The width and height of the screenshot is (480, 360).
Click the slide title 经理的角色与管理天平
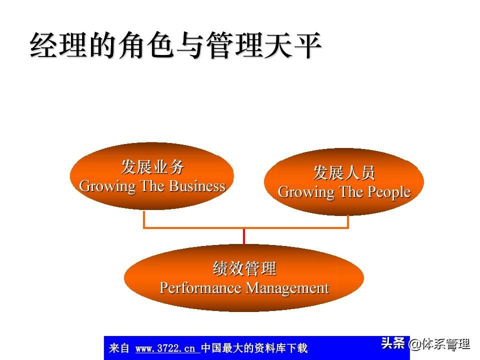175,45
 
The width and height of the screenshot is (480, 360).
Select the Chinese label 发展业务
152,167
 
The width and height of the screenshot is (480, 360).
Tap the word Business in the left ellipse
197,186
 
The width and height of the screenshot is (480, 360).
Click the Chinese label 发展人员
344,172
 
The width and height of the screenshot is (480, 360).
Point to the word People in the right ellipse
389,192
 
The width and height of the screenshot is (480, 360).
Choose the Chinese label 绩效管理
244,268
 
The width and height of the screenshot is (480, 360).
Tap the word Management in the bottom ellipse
287,288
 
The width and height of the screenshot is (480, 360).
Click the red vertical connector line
244,236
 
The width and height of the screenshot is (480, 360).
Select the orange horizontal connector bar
246,227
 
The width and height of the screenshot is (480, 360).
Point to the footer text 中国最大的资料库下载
254,348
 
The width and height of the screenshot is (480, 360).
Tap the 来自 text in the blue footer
119,348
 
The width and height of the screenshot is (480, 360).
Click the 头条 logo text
393,343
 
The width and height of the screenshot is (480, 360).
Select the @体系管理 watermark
439,344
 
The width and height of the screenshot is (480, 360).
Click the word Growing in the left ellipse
107,186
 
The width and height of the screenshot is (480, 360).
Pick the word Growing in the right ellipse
306,192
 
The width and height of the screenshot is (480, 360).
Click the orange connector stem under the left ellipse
144,219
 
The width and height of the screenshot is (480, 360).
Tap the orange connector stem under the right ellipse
348,221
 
